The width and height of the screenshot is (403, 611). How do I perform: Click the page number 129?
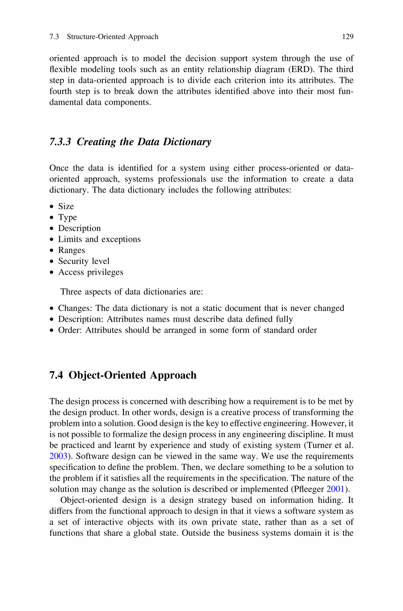pyautogui.click(x=348, y=37)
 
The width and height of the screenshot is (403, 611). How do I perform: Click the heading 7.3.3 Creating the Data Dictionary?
pyautogui.click(x=130, y=142)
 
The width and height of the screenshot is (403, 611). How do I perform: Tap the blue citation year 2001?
pyautogui.click(x=335, y=489)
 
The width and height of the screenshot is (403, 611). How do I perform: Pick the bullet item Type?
pyautogui.click(x=67, y=217)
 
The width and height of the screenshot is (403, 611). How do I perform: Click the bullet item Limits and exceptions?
pyautogui.click(x=99, y=239)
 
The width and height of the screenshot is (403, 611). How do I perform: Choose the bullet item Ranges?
pyautogui.click(x=71, y=250)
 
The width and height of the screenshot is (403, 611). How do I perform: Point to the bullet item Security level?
pyautogui.click(x=84, y=261)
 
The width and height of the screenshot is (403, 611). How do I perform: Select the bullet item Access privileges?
pyautogui.click(x=91, y=272)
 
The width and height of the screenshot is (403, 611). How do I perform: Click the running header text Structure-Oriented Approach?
pyautogui.click(x=113, y=37)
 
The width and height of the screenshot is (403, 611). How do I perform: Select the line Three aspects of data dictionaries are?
pyautogui.click(x=132, y=292)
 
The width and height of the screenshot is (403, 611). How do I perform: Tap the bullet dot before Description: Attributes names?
pyautogui.click(x=52, y=320)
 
